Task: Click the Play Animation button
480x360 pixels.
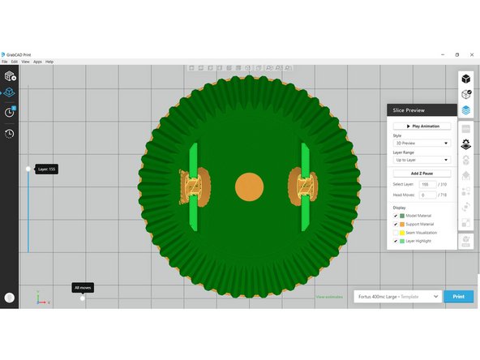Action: pos(422,126)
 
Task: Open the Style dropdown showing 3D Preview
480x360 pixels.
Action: pos(422,144)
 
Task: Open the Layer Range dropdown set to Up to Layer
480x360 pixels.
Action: pos(422,159)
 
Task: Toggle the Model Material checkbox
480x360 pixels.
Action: pos(395,215)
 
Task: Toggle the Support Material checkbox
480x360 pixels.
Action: pos(395,224)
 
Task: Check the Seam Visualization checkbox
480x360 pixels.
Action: pos(395,233)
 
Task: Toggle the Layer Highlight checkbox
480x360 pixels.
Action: pos(395,242)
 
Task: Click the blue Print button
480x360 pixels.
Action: pos(459,298)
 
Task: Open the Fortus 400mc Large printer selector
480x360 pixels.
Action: pos(397,298)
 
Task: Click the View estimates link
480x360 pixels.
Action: pos(330,298)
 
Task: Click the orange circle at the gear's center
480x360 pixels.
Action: pos(249,187)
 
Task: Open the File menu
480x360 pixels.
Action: pos(4,62)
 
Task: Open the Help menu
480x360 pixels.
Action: pos(49,62)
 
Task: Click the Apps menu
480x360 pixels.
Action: pos(37,62)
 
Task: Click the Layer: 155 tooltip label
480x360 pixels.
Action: pos(45,169)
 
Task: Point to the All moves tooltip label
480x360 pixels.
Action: pos(82,287)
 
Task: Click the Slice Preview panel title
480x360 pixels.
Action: pos(410,110)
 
